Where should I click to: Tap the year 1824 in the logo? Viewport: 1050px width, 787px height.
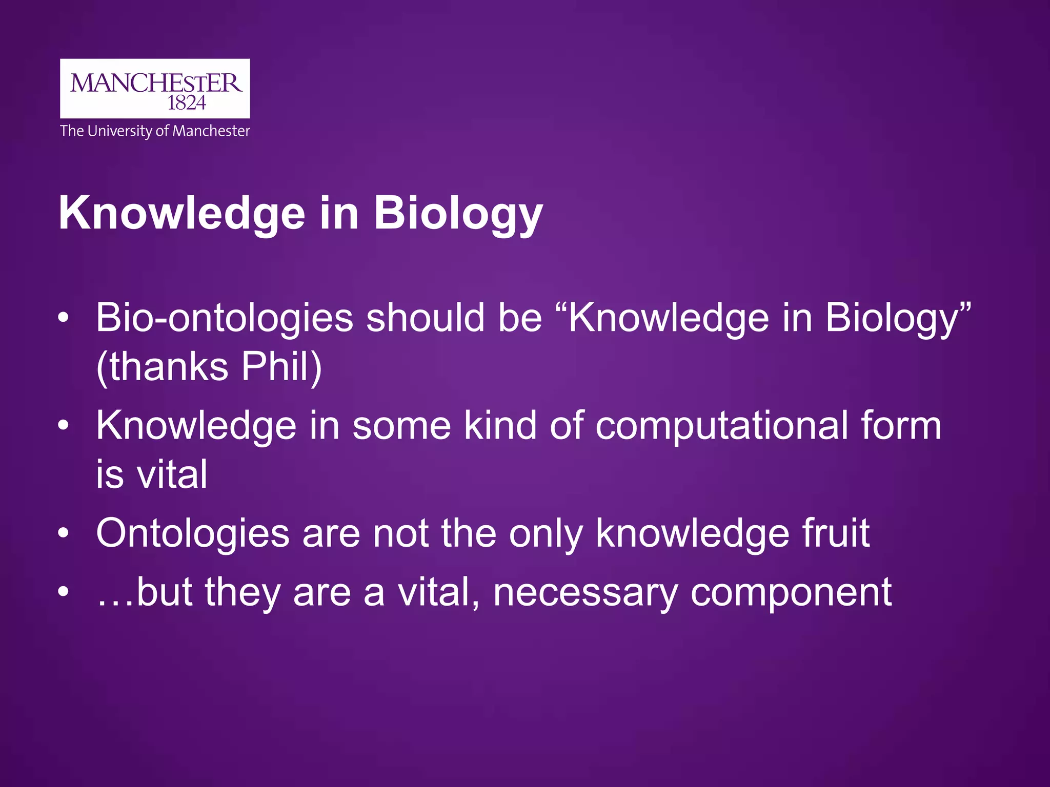pyautogui.click(x=187, y=103)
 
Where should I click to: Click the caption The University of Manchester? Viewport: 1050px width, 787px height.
pyautogui.click(x=155, y=131)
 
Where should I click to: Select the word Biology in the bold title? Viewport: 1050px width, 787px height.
pyautogui.click(x=458, y=214)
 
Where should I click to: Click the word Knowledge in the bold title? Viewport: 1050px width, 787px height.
pyautogui.click(x=182, y=214)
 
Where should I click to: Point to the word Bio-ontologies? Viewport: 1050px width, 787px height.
pyautogui.click(x=225, y=318)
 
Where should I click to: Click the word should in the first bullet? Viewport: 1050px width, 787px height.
pyautogui.click(x=425, y=318)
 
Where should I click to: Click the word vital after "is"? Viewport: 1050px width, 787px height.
pyautogui.click(x=172, y=474)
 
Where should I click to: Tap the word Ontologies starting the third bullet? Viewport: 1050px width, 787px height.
pyautogui.click(x=193, y=534)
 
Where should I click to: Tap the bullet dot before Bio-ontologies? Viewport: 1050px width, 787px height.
pyautogui.click(x=63, y=318)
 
